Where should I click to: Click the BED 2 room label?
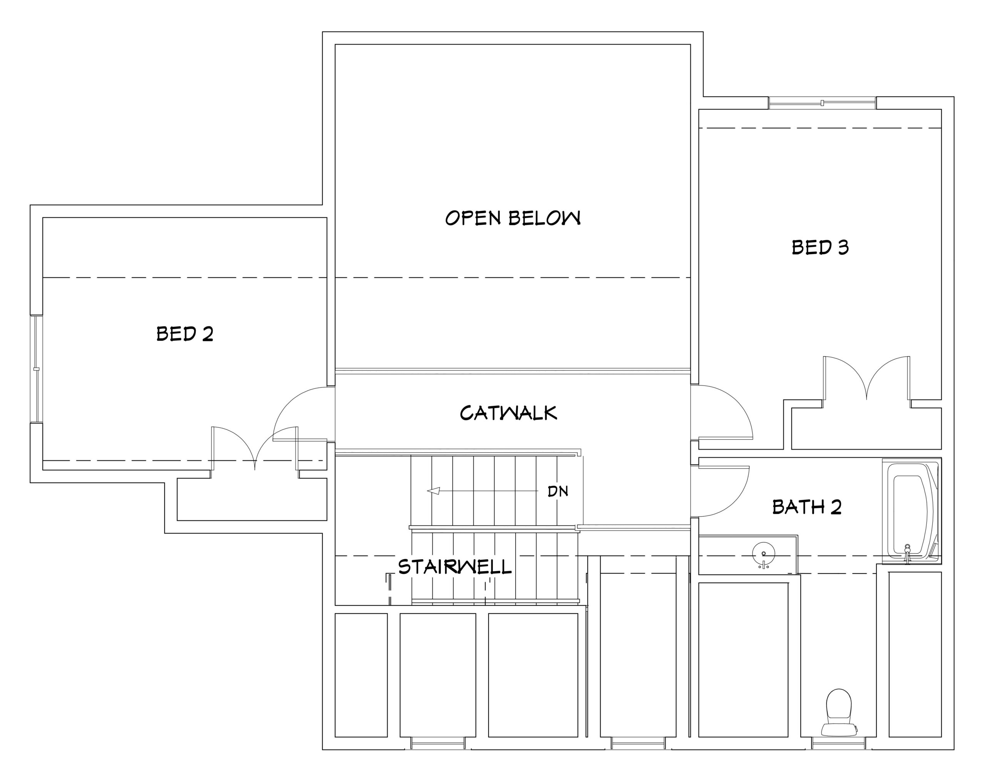185,334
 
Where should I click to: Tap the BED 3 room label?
820,247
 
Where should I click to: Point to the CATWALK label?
508,413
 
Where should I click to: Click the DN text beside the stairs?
558,491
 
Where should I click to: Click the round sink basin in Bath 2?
763,554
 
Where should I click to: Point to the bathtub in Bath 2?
911,511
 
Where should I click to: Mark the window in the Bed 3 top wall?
822,103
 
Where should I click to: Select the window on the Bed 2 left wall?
37,368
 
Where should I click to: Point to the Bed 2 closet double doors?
255,448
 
